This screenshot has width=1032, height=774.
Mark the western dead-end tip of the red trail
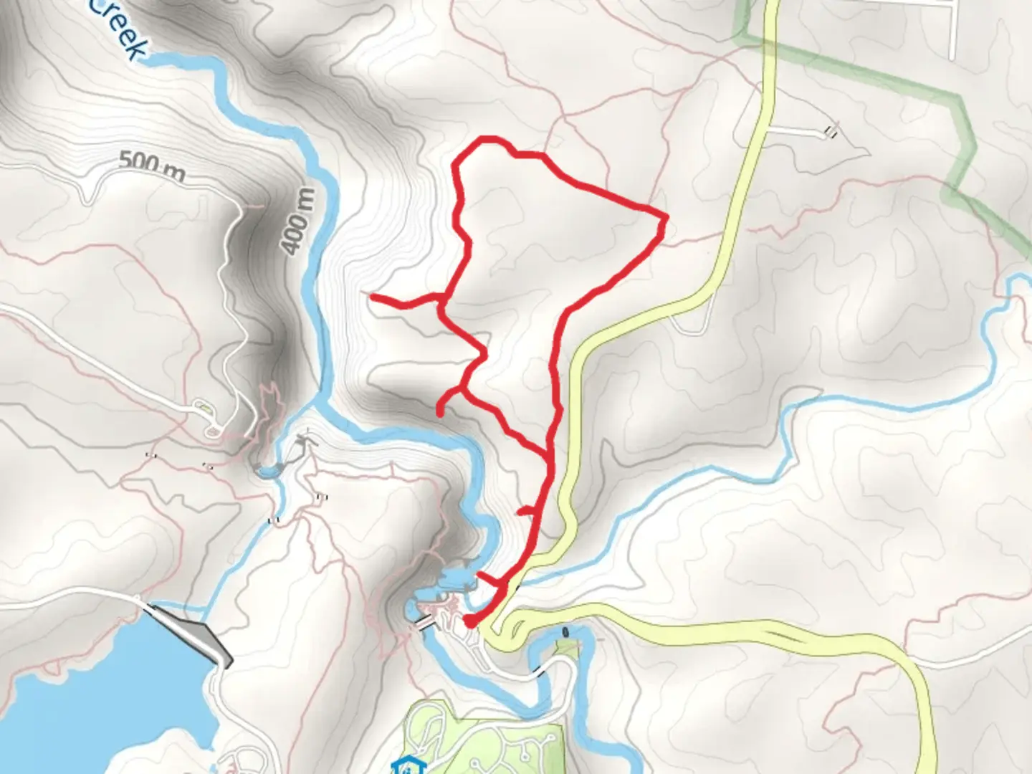(x=371, y=295)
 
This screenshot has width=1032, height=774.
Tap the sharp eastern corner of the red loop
(x=664, y=216)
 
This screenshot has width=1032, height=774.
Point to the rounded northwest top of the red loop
(x=482, y=141)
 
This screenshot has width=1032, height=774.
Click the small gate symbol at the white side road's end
(x=831, y=131)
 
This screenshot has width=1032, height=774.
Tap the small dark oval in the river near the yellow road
(x=567, y=632)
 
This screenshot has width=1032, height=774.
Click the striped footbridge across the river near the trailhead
(x=424, y=625)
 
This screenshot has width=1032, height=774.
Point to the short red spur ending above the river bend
(x=439, y=411)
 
